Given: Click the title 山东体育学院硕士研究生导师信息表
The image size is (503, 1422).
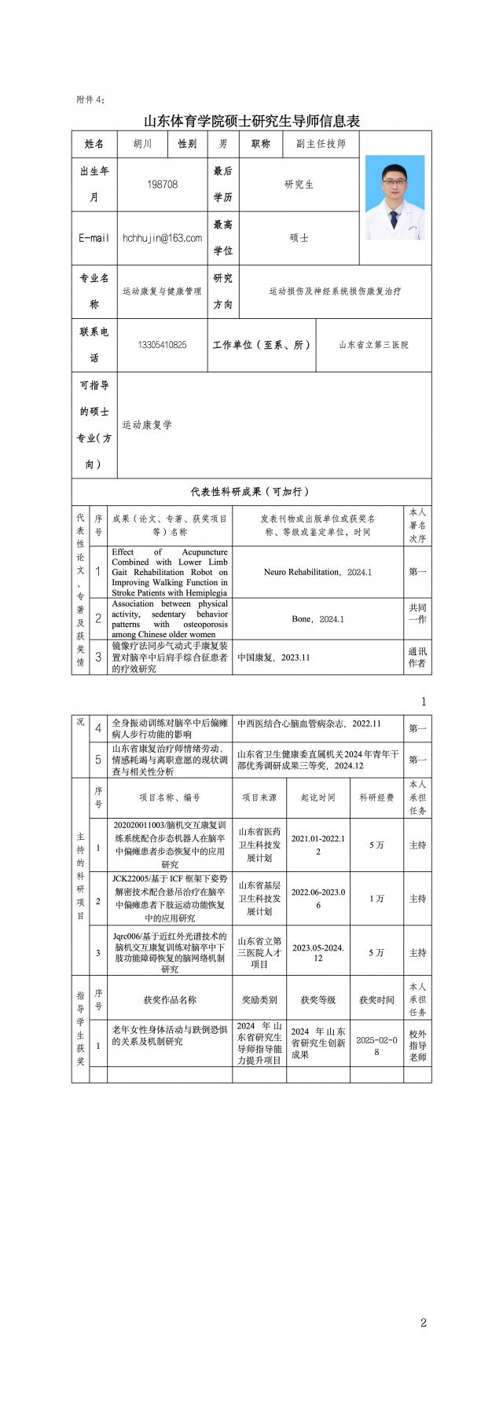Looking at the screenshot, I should click(251, 121).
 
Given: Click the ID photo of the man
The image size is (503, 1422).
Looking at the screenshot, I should click(395, 197).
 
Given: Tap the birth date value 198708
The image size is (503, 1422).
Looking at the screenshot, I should click(162, 184).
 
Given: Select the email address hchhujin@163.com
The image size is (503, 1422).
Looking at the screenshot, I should click(162, 237).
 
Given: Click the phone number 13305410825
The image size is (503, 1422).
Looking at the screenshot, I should click(162, 345).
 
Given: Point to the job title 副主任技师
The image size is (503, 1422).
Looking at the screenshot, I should click(321, 144).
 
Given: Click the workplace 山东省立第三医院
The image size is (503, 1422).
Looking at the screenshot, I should click(373, 345).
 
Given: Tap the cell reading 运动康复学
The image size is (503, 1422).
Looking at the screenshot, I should click(147, 425).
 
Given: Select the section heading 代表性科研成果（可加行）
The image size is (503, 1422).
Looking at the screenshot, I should click(251, 492).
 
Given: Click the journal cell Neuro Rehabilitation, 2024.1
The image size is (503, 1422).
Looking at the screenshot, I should click(318, 572).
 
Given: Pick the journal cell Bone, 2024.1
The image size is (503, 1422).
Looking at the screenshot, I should click(318, 619).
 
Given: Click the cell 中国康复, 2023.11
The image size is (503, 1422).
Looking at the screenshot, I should click(274, 658).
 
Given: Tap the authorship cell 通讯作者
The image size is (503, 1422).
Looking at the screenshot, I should click(417, 658).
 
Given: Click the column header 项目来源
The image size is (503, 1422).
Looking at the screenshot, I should click(259, 797).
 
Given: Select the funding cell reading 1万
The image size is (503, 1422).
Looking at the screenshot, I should click(376, 899).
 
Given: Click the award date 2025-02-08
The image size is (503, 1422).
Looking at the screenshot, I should click(376, 1046).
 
